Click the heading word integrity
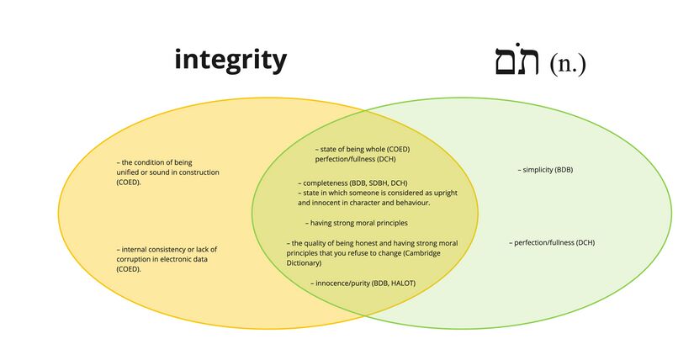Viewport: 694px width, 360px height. (230, 61)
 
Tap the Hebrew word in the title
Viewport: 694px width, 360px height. (517, 61)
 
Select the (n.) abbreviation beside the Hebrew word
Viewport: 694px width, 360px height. (568, 64)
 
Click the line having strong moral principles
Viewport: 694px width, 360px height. (357, 223)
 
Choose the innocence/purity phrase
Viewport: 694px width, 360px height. (346, 283)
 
